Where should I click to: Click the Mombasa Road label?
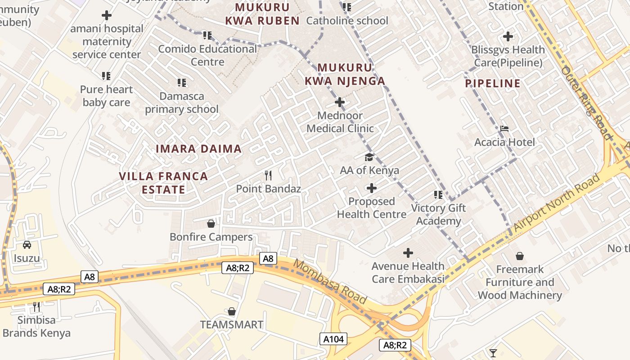(x=330, y=281)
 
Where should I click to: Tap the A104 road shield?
(x=333, y=339)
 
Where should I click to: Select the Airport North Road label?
(x=557, y=203)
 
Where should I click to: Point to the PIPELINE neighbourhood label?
(x=493, y=83)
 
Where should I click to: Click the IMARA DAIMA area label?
(x=198, y=148)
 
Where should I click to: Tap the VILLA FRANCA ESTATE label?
(x=163, y=183)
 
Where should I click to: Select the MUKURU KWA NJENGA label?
(x=345, y=74)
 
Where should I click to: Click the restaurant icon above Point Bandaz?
(x=268, y=175)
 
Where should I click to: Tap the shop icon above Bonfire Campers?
(x=211, y=223)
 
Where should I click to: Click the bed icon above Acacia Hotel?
(x=504, y=129)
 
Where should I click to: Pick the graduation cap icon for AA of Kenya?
(x=369, y=157)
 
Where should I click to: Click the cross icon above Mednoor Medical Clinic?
(x=340, y=102)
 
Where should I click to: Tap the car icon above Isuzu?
(x=27, y=245)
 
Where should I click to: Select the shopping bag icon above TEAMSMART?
(x=231, y=311)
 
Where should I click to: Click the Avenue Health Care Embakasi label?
(x=408, y=272)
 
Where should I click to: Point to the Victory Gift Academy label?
(x=438, y=214)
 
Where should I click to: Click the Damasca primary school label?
(x=181, y=103)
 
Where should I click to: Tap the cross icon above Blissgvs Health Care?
(x=508, y=36)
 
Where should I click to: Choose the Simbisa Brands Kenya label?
(x=36, y=327)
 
